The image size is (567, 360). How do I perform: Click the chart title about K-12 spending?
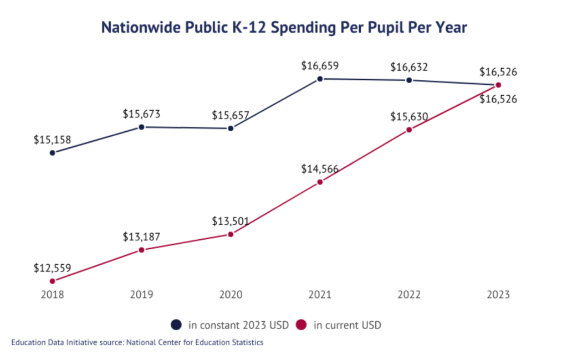284,27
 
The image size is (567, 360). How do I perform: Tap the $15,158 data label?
52,140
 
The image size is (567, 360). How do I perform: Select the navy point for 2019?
141,127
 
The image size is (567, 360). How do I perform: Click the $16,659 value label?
320,65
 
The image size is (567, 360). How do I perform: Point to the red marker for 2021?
320,182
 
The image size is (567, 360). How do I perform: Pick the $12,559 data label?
52,268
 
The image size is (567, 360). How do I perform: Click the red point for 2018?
53,281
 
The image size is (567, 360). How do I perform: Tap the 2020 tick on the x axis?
231,295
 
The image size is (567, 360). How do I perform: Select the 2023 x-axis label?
498,295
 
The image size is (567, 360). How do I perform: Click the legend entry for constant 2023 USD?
230,325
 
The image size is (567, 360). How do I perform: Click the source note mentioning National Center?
137,342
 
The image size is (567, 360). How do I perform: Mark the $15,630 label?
409,117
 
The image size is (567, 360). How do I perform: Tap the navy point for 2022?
409,80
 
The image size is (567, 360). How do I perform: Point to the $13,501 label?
231,221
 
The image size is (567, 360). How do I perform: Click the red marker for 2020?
231,234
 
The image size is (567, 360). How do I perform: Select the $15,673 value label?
141,114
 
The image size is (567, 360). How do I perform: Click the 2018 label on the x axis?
53,295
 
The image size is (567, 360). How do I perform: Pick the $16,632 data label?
409,67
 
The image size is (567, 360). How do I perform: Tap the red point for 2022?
409,130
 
